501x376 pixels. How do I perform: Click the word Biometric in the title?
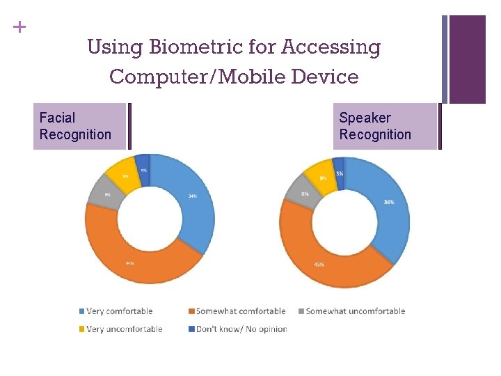tap(181, 48)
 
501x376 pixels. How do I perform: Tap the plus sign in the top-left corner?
tap(19, 27)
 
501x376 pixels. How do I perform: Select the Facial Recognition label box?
tap(79, 126)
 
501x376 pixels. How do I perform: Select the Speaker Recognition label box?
tap(387, 126)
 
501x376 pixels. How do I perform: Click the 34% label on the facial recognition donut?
tap(193, 196)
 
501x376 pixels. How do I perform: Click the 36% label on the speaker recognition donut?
tap(389, 203)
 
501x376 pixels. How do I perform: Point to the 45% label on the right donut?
tap(319, 265)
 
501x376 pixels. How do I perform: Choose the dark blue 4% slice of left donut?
tap(143, 164)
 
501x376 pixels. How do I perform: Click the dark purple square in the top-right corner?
tap(467, 59)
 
